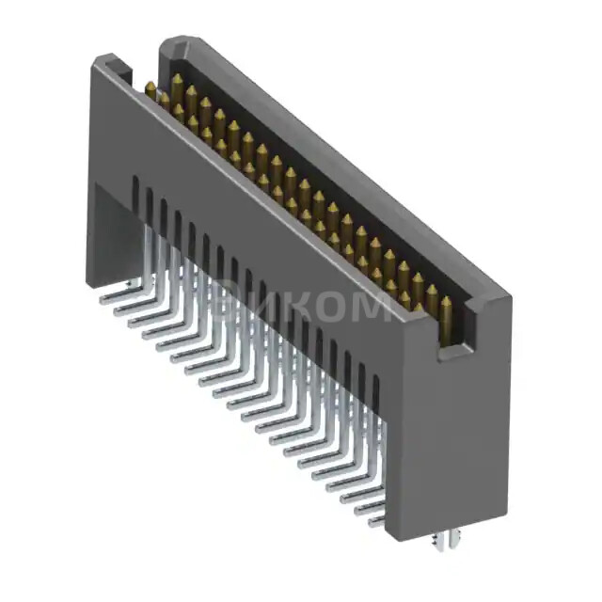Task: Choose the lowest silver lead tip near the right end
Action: [372, 523]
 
